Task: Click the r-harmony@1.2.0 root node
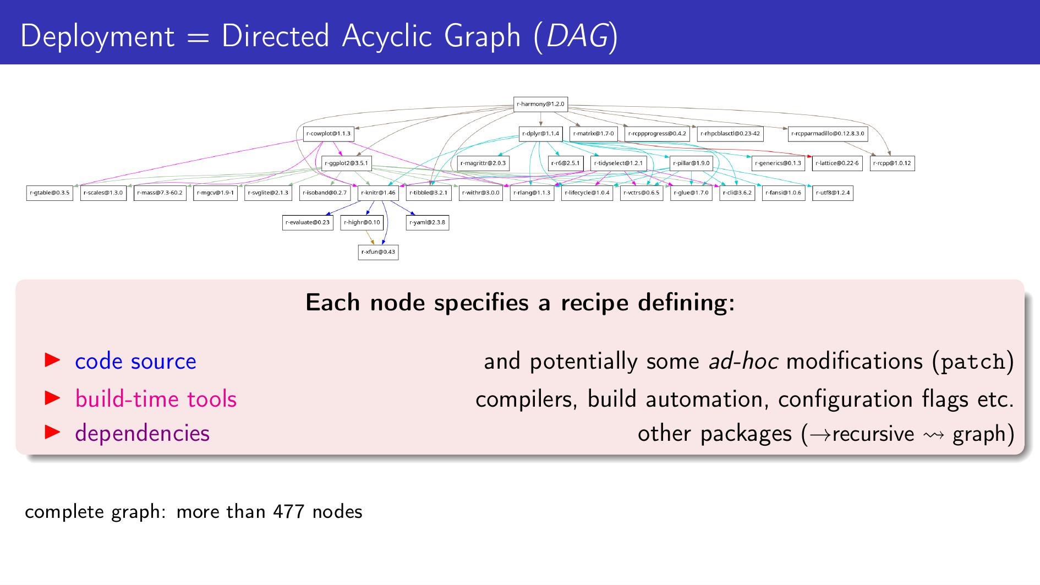pyautogui.click(x=540, y=104)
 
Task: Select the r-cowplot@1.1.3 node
pyautogui.click(x=328, y=134)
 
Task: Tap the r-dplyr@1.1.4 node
pyautogui.click(x=540, y=134)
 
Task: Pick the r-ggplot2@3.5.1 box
pyautogui.click(x=346, y=163)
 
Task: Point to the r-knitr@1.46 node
pyautogui.click(x=378, y=193)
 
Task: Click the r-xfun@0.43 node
pyautogui.click(x=378, y=252)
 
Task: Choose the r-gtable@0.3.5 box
pyautogui.click(x=50, y=193)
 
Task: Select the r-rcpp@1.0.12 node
pyautogui.click(x=892, y=163)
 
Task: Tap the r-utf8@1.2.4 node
pyautogui.click(x=833, y=193)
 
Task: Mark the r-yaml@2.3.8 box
pyautogui.click(x=427, y=222)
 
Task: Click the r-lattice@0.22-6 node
pyautogui.click(x=837, y=163)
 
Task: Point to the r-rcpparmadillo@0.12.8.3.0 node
pyautogui.click(x=828, y=134)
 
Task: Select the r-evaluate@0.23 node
pyautogui.click(x=308, y=222)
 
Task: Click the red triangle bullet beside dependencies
pyautogui.click(x=52, y=433)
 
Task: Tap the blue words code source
pyautogui.click(x=135, y=361)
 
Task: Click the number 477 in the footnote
pyautogui.click(x=289, y=512)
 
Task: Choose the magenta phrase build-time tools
pyautogui.click(x=156, y=399)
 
